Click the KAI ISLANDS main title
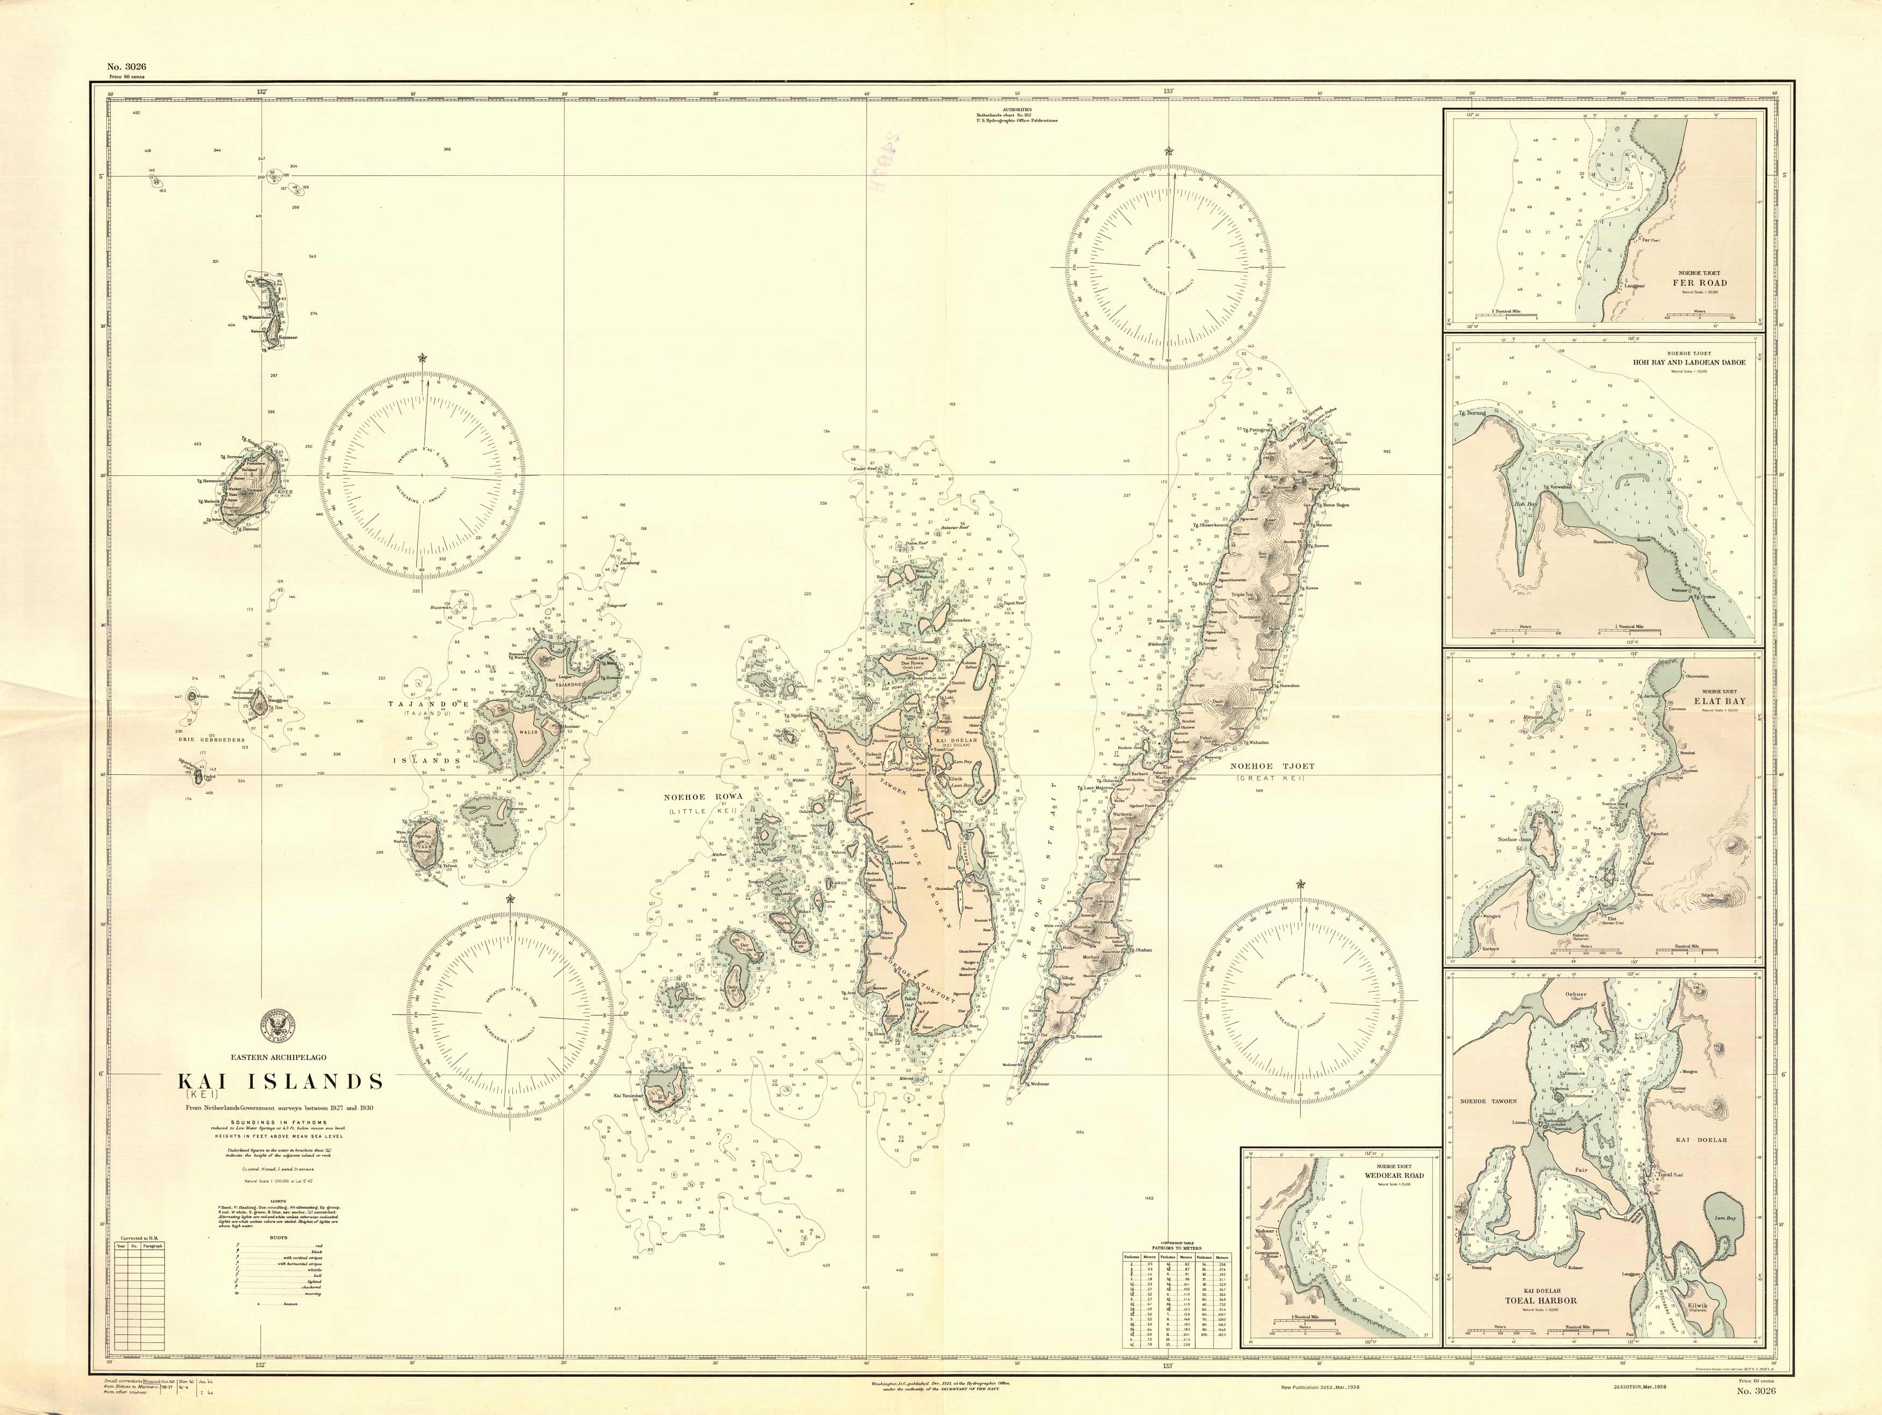point(280,1082)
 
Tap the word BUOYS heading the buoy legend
point(278,1238)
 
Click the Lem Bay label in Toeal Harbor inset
point(1724,1218)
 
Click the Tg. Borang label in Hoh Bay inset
point(1472,413)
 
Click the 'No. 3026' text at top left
point(127,66)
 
